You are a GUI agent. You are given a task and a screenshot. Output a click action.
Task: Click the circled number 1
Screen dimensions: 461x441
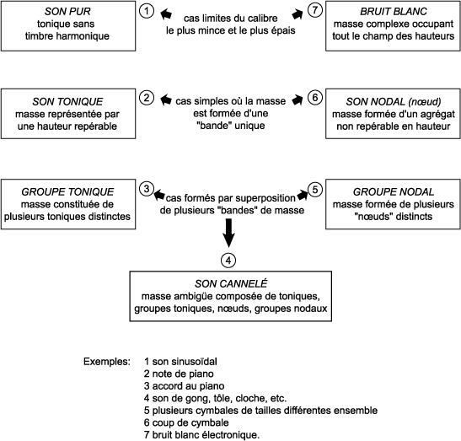146,11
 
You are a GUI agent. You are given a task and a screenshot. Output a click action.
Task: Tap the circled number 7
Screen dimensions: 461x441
315,10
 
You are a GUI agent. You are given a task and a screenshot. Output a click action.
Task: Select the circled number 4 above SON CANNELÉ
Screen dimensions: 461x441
228,260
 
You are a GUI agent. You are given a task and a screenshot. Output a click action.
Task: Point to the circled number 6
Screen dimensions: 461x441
315,97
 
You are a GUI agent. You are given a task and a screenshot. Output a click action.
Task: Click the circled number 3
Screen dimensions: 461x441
147,189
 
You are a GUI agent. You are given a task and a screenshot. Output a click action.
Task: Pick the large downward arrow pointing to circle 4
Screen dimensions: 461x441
228,233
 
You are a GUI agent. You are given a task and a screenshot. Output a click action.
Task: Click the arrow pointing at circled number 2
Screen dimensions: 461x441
166,99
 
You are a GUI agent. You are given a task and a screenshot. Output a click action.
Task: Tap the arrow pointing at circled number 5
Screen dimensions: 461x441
303,195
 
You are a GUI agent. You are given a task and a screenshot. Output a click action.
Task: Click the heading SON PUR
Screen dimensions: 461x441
67,11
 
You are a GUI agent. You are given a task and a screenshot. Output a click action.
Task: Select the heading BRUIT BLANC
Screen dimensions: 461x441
394,11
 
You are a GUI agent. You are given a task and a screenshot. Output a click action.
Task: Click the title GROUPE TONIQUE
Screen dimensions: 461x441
67,191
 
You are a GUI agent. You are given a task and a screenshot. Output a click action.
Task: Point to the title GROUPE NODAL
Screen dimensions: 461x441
394,191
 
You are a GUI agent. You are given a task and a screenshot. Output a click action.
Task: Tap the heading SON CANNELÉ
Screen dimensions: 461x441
231,283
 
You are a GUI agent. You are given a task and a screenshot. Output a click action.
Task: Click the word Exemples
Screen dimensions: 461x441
107,361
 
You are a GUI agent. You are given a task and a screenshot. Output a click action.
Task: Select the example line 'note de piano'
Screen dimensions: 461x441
179,374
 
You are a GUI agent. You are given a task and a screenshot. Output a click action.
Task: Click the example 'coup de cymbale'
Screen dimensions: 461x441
186,422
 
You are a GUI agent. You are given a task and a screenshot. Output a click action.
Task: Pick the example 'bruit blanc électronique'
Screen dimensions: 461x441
202,435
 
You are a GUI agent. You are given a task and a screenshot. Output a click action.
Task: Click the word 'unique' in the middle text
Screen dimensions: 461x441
250,126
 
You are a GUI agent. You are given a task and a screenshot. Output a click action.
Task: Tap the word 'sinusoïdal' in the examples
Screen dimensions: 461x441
197,361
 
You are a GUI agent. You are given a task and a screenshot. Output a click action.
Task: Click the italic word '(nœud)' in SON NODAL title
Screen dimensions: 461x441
424,101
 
